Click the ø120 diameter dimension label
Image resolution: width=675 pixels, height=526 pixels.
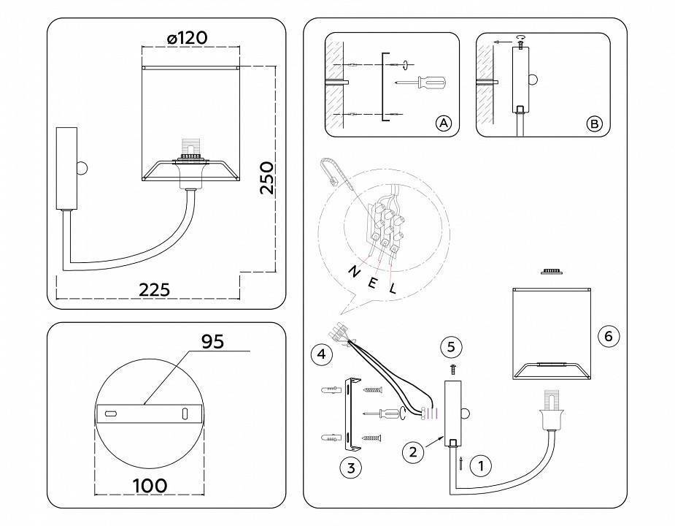pyautogui.click(x=187, y=38)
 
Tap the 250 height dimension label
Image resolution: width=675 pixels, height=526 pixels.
pyautogui.click(x=267, y=178)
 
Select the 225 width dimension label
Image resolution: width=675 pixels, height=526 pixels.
pyautogui.click(x=154, y=290)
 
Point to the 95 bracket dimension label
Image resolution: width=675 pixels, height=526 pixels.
pyautogui.click(x=213, y=341)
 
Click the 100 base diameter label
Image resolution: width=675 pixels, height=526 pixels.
pyautogui.click(x=150, y=486)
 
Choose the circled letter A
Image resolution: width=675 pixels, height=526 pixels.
pyautogui.click(x=443, y=123)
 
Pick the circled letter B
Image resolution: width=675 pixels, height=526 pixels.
pyautogui.click(x=594, y=124)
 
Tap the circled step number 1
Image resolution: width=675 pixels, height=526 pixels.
pyautogui.click(x=480, y=465)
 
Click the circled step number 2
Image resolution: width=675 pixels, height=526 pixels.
pyautogui.click(x=413, y=451)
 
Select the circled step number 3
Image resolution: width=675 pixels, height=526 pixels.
pyautogui.click(x=351, y=468)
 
